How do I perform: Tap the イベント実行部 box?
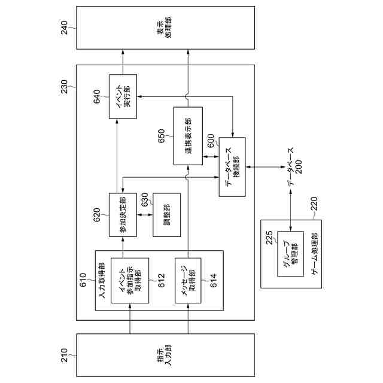click(123, 96)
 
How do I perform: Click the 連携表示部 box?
click(188, 136)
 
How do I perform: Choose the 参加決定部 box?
click(123, 215)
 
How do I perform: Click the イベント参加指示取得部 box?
click(130, 280)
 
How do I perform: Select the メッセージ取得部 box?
click(188, 280)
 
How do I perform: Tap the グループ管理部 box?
click(290, 253)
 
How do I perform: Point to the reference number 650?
click(161, 136)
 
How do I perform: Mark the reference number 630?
click(144, 201)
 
